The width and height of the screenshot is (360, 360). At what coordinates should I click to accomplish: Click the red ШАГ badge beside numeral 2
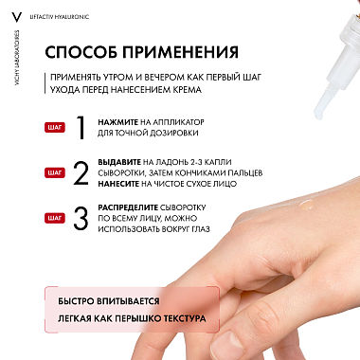click(x=54, y=172)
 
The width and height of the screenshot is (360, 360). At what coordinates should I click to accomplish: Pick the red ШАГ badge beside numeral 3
click(x=54, y=217)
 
